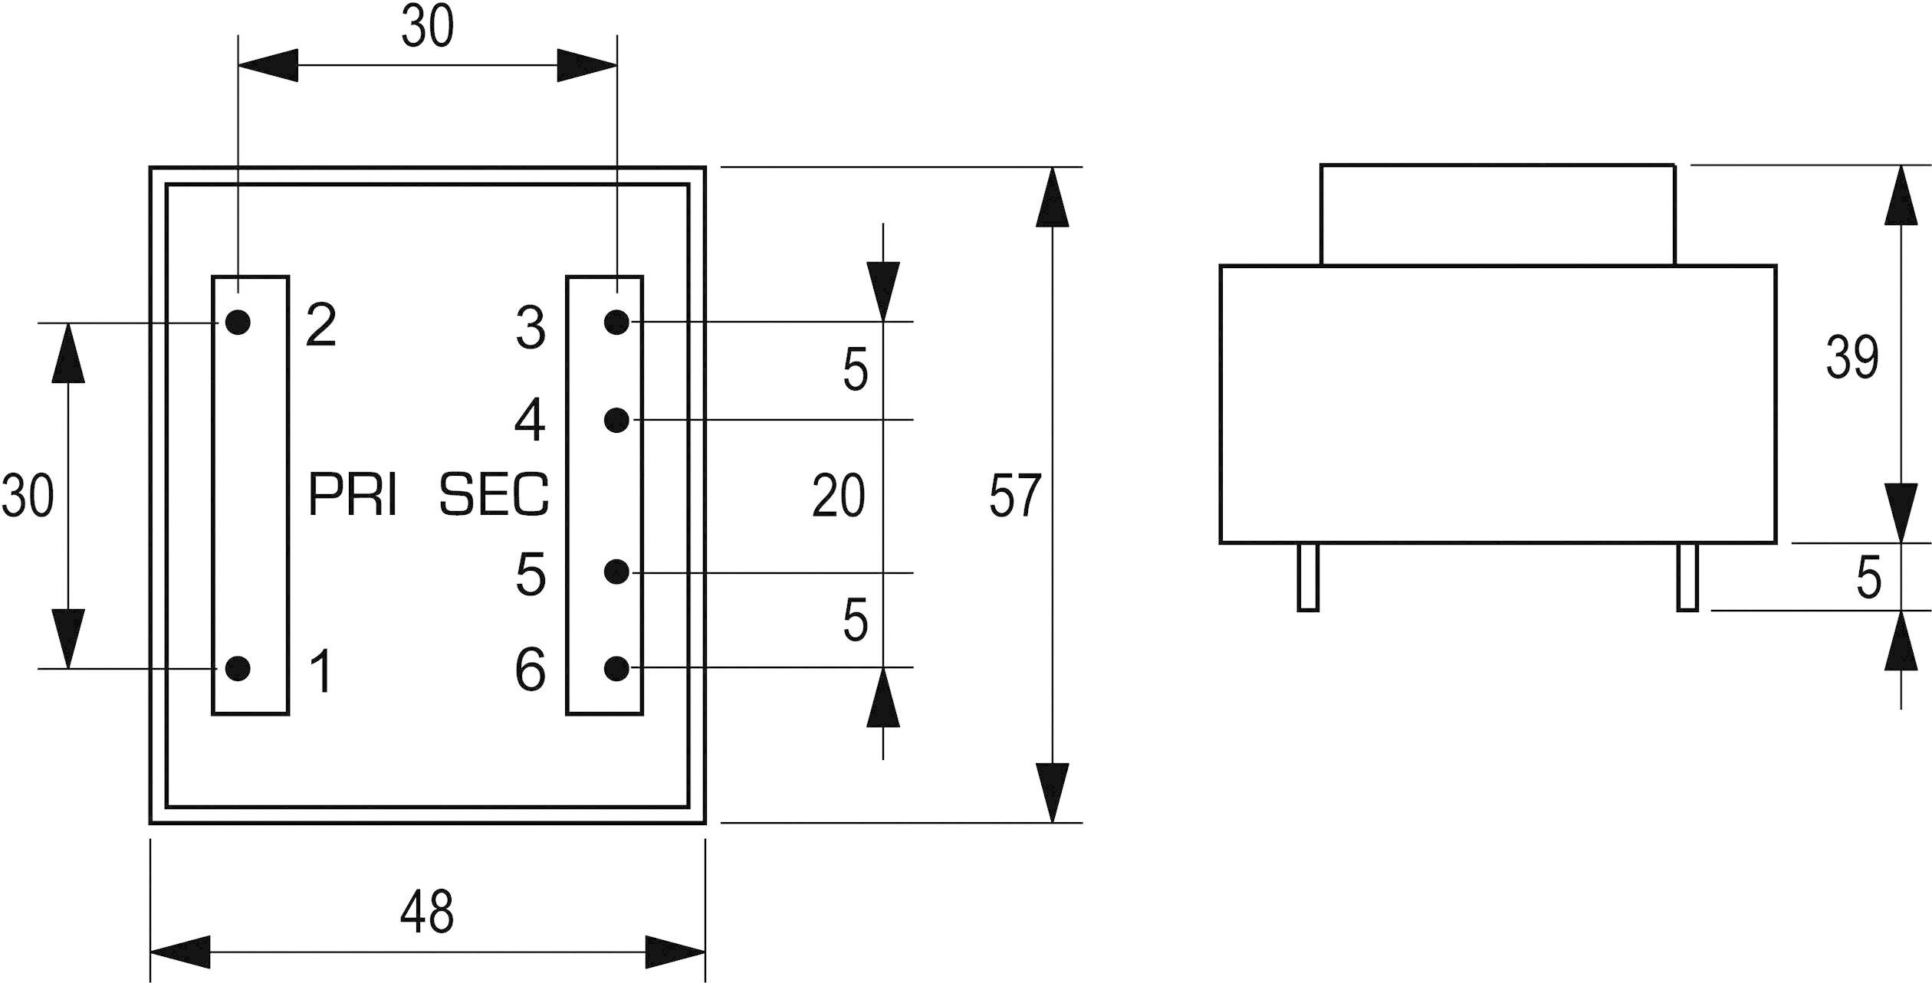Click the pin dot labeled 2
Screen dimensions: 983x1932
238,323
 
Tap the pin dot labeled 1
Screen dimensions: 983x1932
238,668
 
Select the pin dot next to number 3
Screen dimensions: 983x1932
616,323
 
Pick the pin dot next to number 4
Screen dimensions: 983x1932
616,420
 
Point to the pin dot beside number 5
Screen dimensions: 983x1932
616,572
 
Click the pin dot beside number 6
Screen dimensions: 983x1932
616,668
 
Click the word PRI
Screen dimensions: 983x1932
353,495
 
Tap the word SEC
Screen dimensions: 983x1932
495,495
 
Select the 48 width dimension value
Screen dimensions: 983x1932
427,912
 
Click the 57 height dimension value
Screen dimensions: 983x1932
1015,496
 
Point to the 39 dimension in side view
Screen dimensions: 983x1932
1852,357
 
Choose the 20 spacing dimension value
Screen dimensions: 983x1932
839,496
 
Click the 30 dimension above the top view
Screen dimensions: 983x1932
427,27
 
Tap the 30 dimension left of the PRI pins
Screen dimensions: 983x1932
28,495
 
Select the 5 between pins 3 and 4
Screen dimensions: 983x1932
855,370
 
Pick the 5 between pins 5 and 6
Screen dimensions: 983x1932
855,620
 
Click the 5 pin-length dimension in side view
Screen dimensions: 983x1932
1868,578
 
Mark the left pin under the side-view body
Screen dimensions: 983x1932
1308,577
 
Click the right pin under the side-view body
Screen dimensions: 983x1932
1687,577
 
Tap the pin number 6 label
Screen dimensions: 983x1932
531,670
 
